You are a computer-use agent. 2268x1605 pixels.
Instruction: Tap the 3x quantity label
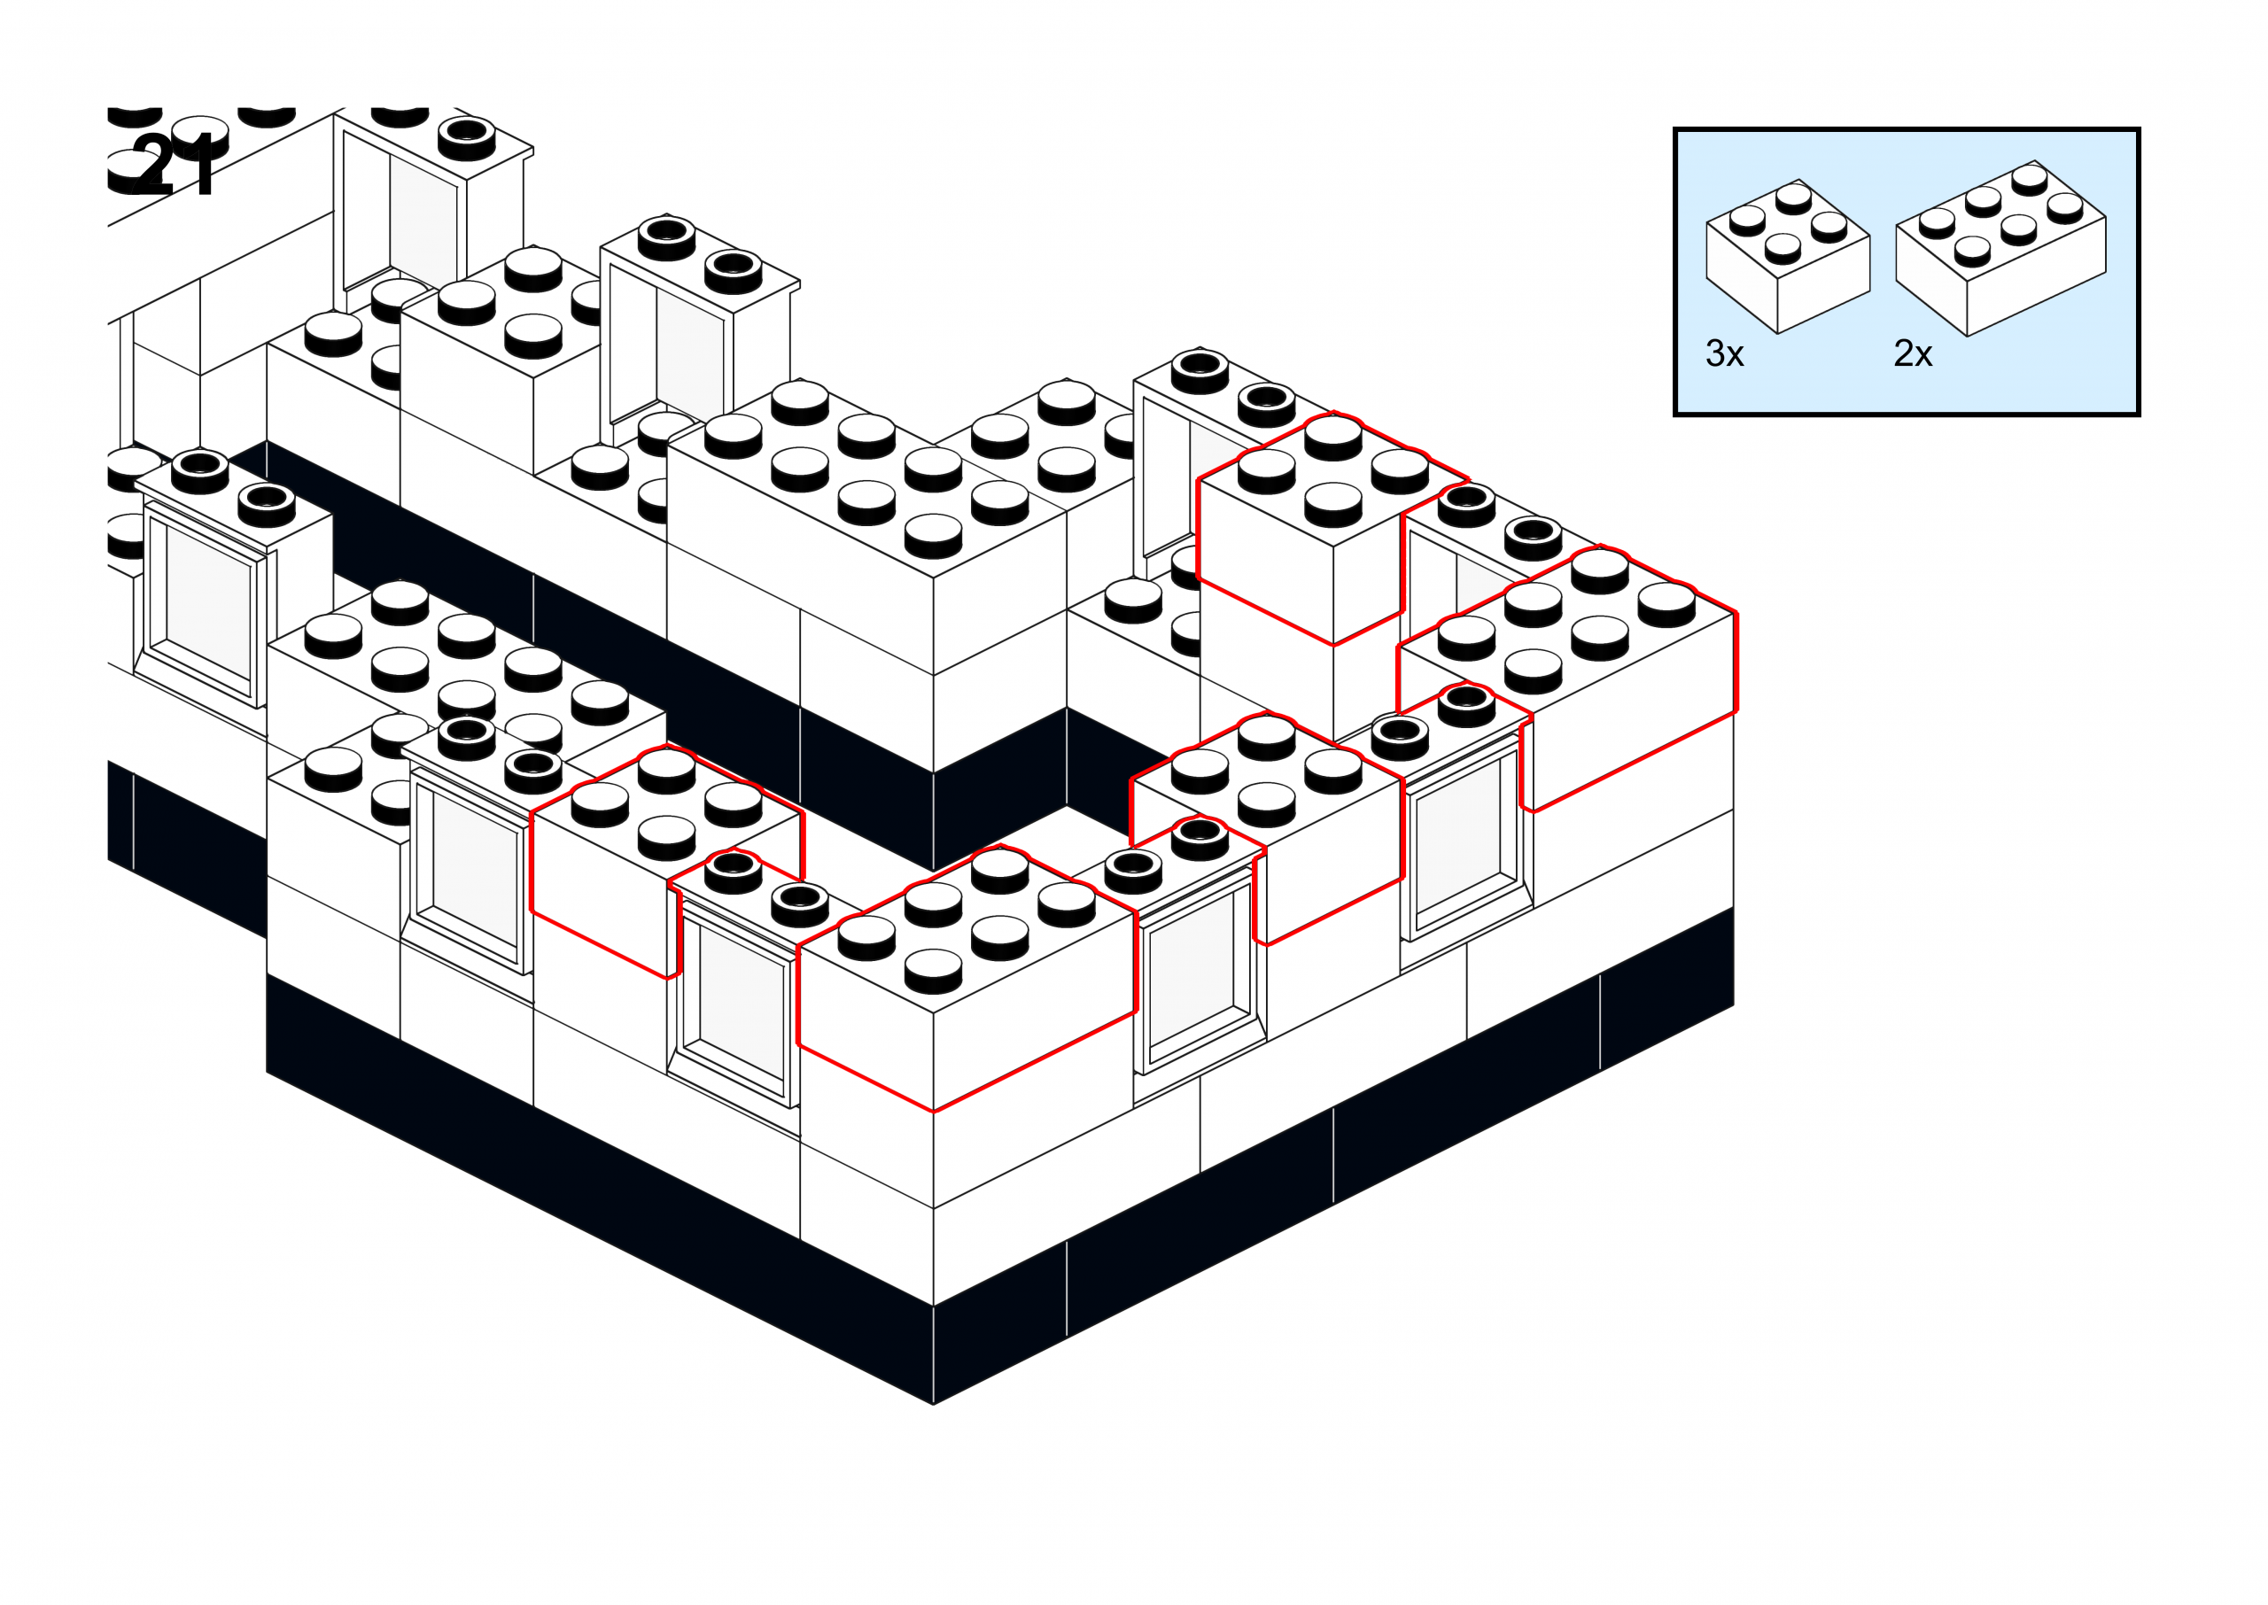(1724, 353)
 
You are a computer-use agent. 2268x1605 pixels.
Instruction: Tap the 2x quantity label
(1912, 353)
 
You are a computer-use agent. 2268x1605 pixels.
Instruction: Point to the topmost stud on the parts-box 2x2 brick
(1792, 196)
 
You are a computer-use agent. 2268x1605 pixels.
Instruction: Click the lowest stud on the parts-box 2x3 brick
(1971, 251)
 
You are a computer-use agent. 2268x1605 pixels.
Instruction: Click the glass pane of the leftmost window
(209, 603)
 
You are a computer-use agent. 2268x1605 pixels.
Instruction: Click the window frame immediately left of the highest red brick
(1166, 475)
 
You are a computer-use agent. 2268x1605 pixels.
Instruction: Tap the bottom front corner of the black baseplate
(933, 1401)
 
